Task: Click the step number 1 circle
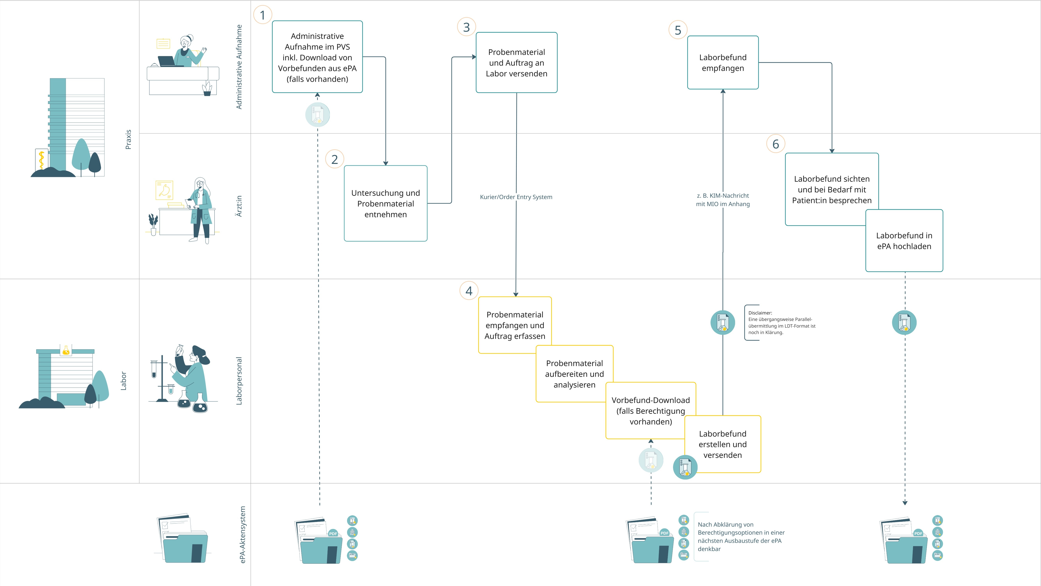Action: coord(263,15)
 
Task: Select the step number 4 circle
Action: coord(469,291)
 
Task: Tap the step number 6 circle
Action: coord(776,144)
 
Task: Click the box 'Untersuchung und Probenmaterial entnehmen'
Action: coord(386,203)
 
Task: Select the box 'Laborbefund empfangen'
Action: coord(723,62)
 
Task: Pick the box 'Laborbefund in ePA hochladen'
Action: coord(904,241)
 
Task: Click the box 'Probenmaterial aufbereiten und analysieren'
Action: coord(574,374)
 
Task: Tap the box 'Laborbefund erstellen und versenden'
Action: coord(723,444)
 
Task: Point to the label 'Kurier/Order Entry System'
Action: coord(516,197)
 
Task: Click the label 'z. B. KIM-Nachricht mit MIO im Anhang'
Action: coord(723,200)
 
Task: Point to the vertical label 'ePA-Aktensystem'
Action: coord(242,535)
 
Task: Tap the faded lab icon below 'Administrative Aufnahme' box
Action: coord(318,115)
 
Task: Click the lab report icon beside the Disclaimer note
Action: coord(723,322)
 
